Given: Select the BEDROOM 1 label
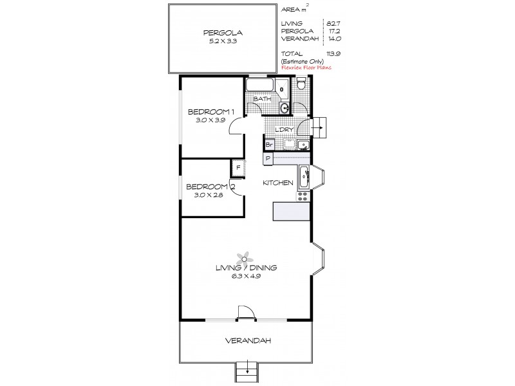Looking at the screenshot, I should coord(207,111).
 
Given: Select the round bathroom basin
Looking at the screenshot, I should coord(285,107).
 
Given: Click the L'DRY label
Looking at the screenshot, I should coord(284,130).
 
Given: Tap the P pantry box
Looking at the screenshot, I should coord(267,158).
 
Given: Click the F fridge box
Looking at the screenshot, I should coord(238,167).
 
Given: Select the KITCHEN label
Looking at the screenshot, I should coord(278,183).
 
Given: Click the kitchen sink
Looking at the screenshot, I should coord(303,176).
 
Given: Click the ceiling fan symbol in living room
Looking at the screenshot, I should coord(243,257).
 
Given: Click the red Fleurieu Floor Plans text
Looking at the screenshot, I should coord(306,66).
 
